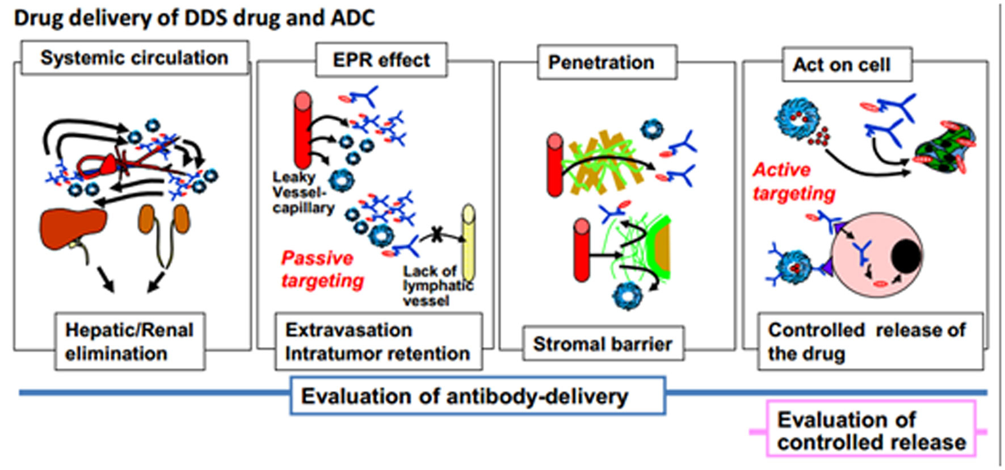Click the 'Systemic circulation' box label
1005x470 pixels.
point(134,58)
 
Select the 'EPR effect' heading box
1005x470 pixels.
point(381,60)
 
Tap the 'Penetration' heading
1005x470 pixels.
point(601,62)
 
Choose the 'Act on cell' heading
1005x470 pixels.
point(842,65)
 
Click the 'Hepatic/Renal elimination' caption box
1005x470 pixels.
point(129,342)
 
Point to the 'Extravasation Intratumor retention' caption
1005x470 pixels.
point(378,342)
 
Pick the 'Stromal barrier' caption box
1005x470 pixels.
point(603,344)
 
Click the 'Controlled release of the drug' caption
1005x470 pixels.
point(867,342)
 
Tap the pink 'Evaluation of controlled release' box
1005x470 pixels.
point(871,431)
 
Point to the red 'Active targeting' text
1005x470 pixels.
point(793,182)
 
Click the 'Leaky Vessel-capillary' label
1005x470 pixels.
point(303,193)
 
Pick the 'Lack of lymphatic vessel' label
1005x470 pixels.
point(438,286)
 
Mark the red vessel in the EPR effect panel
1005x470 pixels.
point(303,129)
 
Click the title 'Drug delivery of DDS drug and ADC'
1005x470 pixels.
point(194,18)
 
